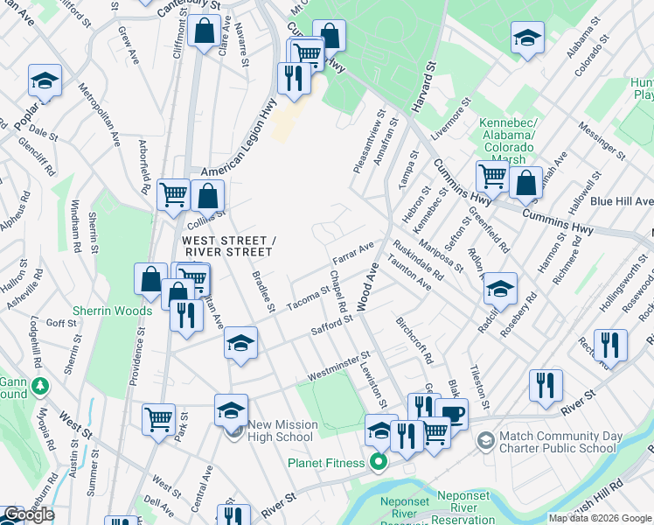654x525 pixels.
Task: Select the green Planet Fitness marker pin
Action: tap(379, 461)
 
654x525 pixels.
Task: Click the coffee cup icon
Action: tap(451, 413)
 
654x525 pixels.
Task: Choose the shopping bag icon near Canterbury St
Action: tap(204, 32)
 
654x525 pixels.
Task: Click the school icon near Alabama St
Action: tap(527, 38)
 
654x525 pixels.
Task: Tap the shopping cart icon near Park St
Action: tap(158, 418)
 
